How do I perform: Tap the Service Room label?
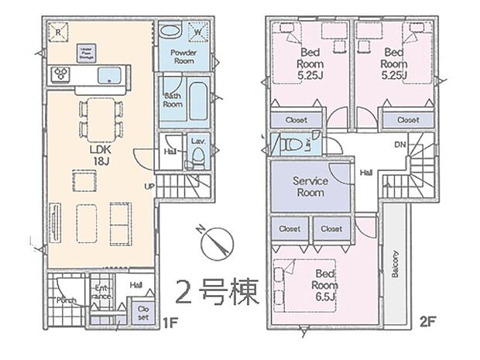(309, 187)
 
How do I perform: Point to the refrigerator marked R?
(60, 32)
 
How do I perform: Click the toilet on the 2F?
(292, 145)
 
